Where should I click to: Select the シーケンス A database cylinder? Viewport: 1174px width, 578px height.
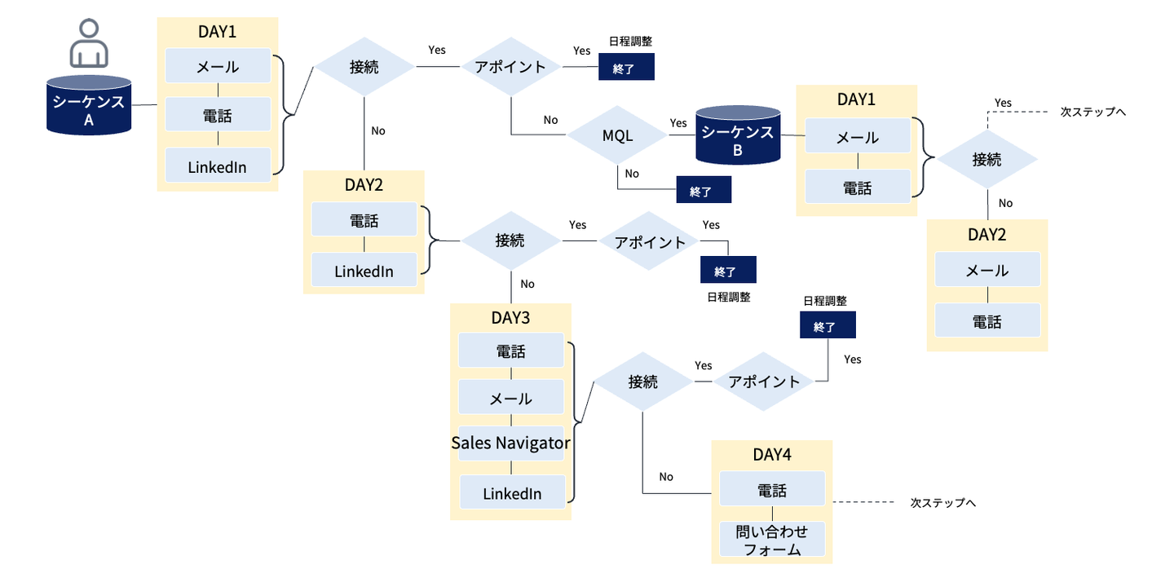tap(89, 106)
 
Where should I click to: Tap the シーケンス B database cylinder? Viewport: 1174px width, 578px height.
tap(738, 135)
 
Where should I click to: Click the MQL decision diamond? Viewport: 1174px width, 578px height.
tap(617, 135)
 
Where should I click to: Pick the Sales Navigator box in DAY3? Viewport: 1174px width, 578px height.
tap(510, 443)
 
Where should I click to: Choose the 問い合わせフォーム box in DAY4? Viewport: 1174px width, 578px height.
tap(772, 540)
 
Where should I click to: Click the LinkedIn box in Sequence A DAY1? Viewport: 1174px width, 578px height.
tap(218, 167)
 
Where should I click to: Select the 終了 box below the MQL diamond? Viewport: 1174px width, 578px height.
tap(704, 191)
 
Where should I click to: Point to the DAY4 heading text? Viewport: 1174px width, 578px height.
tap(772, 455)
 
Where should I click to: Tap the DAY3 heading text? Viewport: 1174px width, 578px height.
tap(511, 317)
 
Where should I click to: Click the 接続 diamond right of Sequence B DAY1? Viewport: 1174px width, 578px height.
tap(986, 159)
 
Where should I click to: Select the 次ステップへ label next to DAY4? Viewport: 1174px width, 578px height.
tap(943, 502)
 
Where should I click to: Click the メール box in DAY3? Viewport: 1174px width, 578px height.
tap(511, 398)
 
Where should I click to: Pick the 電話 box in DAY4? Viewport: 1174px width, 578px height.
tap(772, 489)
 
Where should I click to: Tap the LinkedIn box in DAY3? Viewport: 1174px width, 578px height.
tap(512, 493)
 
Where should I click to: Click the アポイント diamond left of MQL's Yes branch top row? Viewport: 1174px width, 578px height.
tap(510, 67)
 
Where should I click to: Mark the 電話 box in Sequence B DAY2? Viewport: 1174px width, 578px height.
tap(987, 321)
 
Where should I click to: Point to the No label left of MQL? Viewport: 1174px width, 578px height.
tap(551, 120)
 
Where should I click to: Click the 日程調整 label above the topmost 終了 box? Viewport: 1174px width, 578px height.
tap(630, 41)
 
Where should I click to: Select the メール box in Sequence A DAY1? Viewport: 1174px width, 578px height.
tap(218, 66)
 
